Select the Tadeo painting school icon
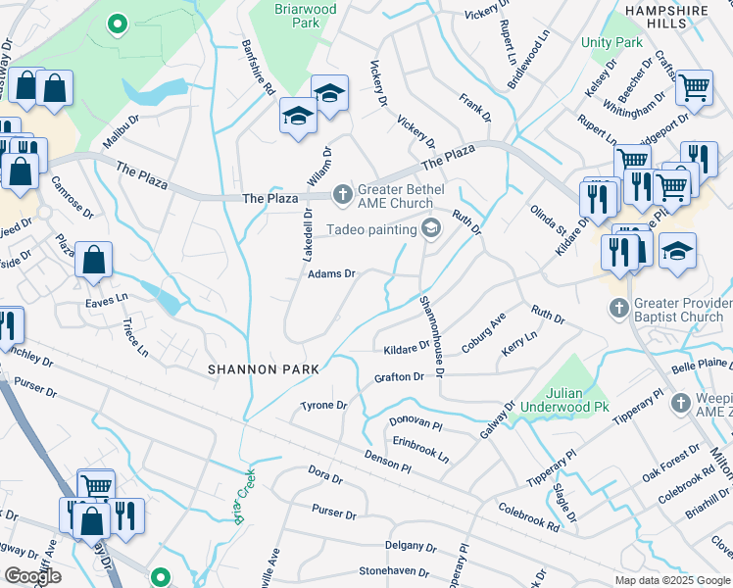(429, 229)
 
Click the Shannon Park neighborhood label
(264, 369)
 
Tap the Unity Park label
(611, 43)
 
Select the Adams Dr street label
(330, 274)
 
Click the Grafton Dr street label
(399, 377)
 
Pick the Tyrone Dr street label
(323, 405)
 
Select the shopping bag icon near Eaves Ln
(93, 261)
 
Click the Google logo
(32, 577)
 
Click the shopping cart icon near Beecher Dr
(694, 88)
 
